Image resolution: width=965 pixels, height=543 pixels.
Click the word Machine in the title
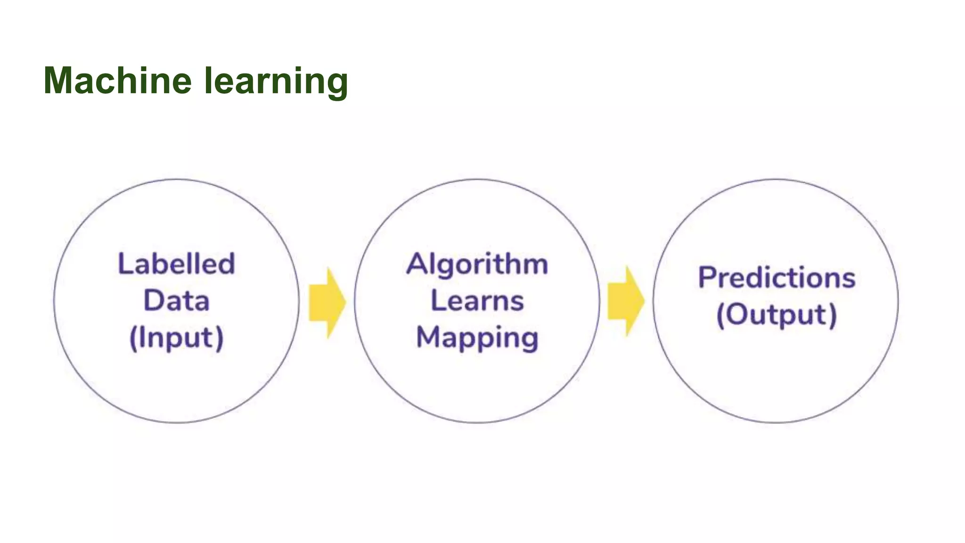tap(117, 81)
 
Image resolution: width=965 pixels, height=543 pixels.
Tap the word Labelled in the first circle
tap(176, 263)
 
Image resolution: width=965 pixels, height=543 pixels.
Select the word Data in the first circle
tap(176, 301)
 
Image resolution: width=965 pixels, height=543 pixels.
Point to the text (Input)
tap(176, 338)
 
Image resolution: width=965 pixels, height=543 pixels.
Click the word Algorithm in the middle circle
tap(477, 264)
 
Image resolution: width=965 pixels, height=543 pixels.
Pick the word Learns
tap(477, 301)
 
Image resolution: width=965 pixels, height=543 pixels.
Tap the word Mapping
tap(477, 338)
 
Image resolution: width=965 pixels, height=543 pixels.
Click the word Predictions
tap(777, 278)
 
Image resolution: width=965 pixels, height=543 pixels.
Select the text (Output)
tap(777, 315)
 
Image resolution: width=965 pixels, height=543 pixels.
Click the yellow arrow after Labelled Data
tap(327, 303)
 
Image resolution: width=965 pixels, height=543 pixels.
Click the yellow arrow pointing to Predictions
tap(625, 301)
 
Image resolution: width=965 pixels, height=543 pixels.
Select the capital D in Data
tap(153, 301)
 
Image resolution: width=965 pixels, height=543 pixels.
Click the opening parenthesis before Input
tap(132, 338)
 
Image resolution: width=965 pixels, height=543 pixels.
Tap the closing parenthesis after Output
tap(833, 315)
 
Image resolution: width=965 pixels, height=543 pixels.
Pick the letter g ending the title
tap(337, 84)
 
